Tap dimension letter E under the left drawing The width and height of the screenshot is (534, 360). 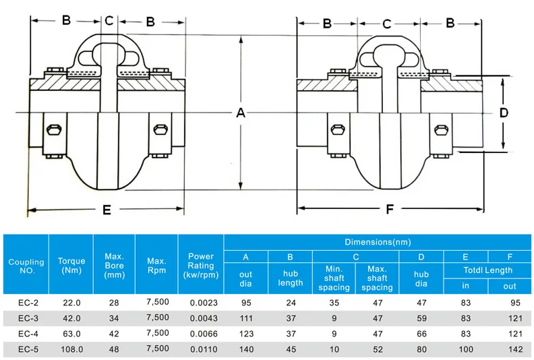[107, 210]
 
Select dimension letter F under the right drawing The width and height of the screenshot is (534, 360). [389, 210]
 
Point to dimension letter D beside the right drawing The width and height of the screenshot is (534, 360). [503, 113]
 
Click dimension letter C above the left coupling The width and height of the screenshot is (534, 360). [109, 21]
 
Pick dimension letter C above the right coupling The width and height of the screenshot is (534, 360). [386, 24]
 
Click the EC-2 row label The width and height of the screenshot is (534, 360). [26, 303]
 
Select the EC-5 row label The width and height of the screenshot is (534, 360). [26, 349]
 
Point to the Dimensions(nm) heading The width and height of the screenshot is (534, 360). [377, 242]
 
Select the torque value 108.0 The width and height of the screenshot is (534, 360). [71, 349]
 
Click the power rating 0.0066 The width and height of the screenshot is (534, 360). [200, 334]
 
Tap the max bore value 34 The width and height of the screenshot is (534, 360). [113, 319]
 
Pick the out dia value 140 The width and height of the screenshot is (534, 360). [245, 349]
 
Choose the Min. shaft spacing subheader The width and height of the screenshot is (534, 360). [334, 278]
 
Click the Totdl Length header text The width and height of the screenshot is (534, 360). [487, 270]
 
